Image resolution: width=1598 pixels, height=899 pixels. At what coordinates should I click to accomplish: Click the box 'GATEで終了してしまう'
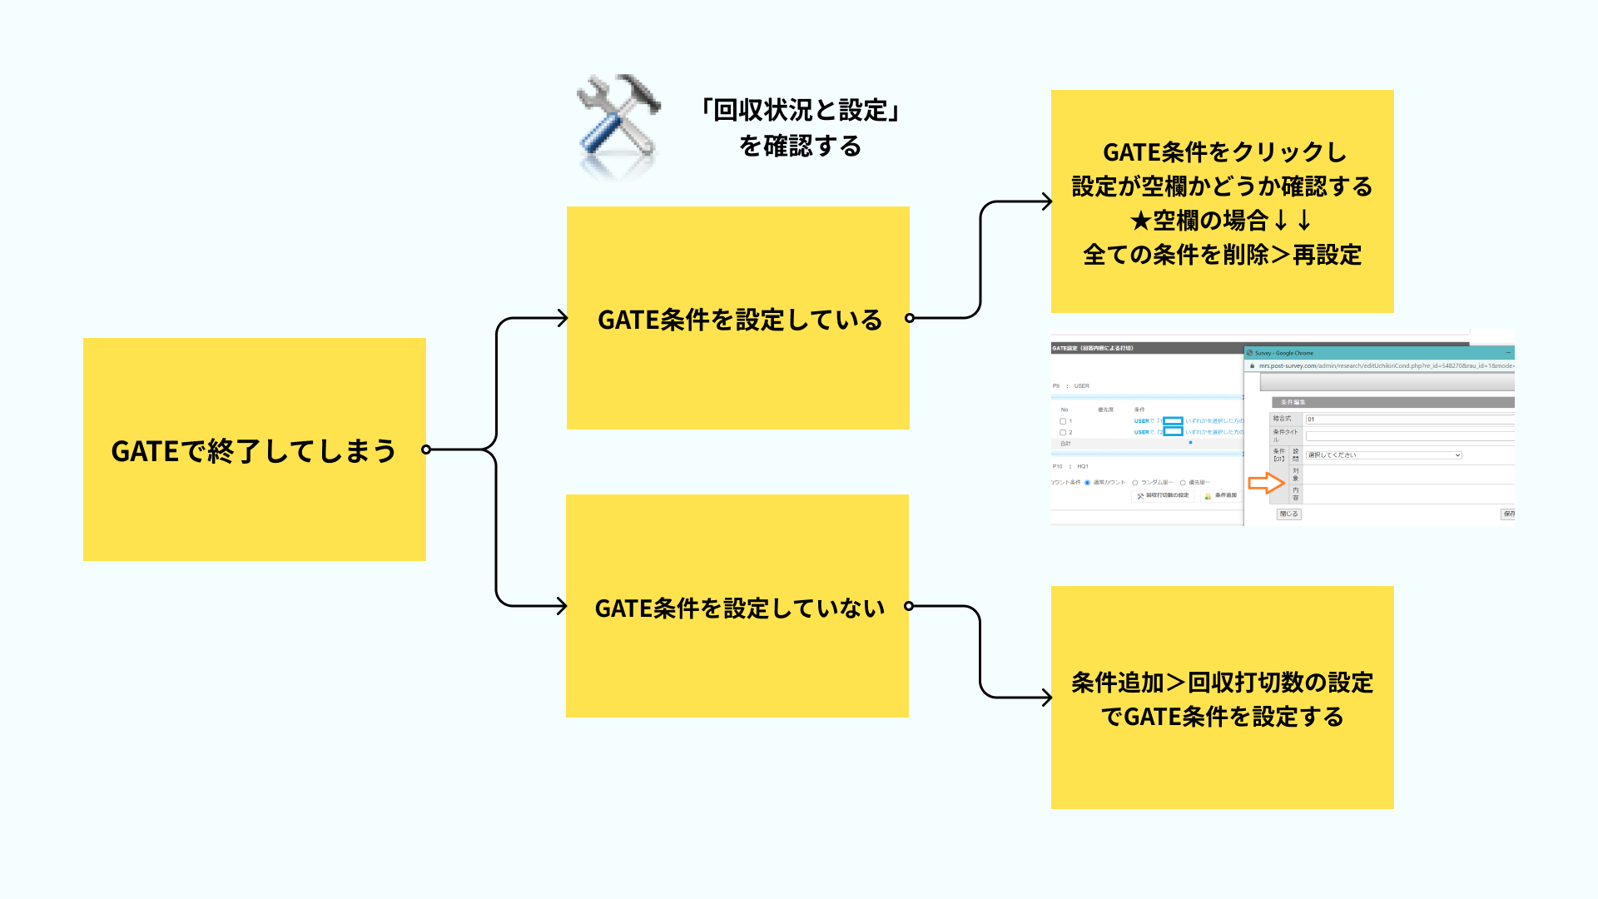pyautogui.click(x=254, y=449)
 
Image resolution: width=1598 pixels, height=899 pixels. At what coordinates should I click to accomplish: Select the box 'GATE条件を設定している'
pyautogui.click(x=737, y=318)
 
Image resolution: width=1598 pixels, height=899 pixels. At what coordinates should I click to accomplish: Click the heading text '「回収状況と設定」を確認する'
pyautogui.click(x=800, y=127)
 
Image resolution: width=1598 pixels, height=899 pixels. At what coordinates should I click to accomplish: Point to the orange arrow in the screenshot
pyautogui.click(x=1266, y=483)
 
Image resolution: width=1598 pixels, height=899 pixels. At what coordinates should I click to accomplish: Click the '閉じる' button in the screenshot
pyautogui.click(x=1288, y=514)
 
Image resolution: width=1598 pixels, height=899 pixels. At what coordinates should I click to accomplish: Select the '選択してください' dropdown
pyautogui.click(x=1383, y=455)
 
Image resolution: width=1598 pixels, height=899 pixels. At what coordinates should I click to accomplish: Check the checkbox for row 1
pyautogui.click(x=1063, y=421)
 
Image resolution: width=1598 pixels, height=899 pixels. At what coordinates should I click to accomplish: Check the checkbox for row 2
pyautogui.click(x=1063, y=433)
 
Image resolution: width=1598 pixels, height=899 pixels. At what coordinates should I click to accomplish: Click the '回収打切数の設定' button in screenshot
pyautogui.click(x=1163, y=496)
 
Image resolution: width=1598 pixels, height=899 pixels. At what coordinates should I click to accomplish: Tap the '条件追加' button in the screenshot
pyautogui.click(x=1221, y=496)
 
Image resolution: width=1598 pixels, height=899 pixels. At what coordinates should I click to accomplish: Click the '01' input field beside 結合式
pyautogui.click(x=1407, y=420)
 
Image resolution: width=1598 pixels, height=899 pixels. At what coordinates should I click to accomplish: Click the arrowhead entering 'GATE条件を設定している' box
pyautogui.click(x=562, y=318)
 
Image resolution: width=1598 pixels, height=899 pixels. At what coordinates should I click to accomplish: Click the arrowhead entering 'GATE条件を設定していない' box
pyautogui.click(x=562, y=606)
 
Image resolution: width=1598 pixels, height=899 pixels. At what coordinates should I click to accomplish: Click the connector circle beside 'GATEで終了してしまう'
pyautogui.click(x=426, y=449)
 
